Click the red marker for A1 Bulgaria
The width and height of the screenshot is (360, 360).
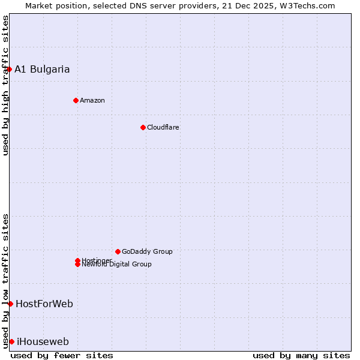pyautogui.click(x=9, y=69)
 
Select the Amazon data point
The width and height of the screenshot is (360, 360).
pyautogui.click(x=76, y=100)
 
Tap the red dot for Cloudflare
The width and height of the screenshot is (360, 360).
pyautogui.click(x=143, y=127)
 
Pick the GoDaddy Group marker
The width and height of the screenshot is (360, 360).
pyautogui.click(x=118, y=251)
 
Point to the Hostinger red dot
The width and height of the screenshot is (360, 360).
pyautogui.click(x=77, y=260)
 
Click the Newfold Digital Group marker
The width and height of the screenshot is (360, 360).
pyautogui.click(x=77, y=265)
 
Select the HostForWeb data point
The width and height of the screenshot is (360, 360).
pyautogui.click(x=10, y=304)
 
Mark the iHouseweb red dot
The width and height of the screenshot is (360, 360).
pyautogui.click(x=11, y=341)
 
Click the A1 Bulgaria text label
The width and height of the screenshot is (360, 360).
pyautogui.click(x=42, y=69)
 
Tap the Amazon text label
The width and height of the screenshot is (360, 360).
pyautogui.click(x=92, y=100)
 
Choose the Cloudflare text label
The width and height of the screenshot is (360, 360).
pyautogui.click(x=163, y=127)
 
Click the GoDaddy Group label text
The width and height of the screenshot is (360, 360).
pyautogui.click(x=147, y=251)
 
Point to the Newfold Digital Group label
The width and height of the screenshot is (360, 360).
pyautogui.click(x=116, y=265)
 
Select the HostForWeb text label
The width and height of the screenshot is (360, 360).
pyautogui.click(x=44, y=304)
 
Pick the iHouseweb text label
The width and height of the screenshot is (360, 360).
pyautogui.click(x=43, y=342)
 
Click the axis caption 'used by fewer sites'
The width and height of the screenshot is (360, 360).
pyautogui.click(x=62, y=355)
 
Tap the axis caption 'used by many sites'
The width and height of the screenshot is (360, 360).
pyautogui.click(x=301, y=355)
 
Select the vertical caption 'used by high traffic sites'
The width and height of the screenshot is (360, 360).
pyautogui.click(x=5, y=85)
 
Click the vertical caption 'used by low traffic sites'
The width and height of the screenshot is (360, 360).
pyautogui.click(x=5, y=280)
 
